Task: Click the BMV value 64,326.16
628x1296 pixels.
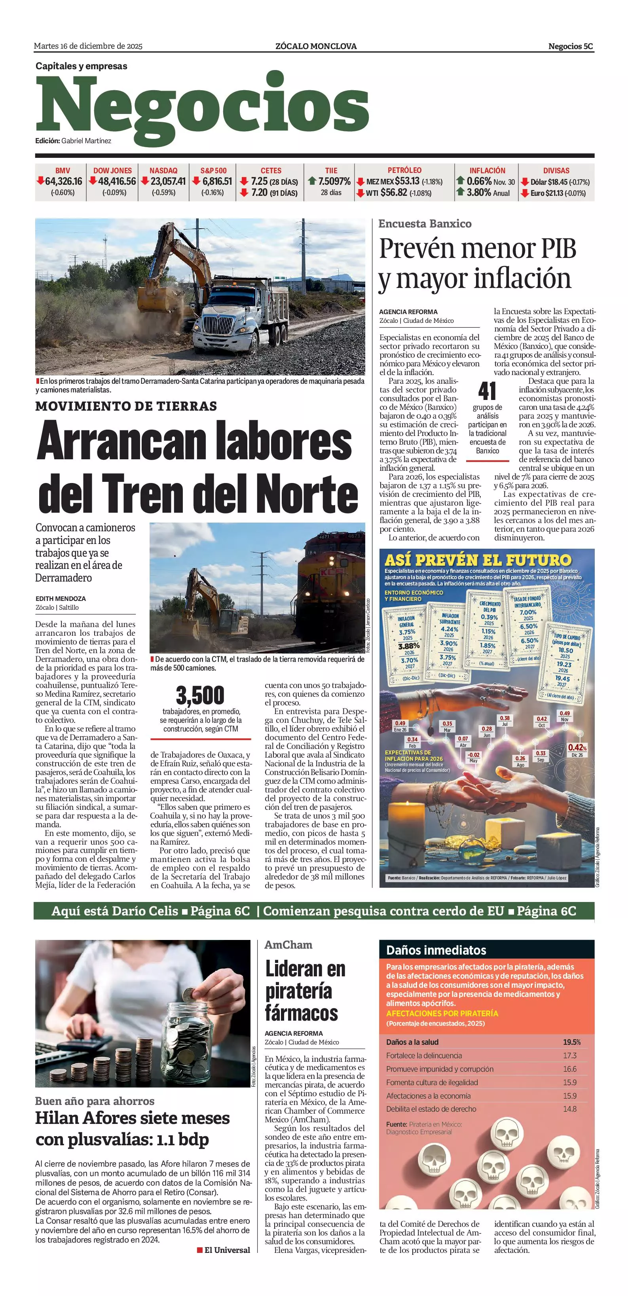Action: coord(63,181)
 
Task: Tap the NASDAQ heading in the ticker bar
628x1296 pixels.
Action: coord(163,171)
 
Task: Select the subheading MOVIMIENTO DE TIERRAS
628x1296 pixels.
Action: coord(126,406)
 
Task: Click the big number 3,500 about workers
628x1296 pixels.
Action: coord(200,695)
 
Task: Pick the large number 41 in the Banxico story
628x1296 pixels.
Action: coord(487,391)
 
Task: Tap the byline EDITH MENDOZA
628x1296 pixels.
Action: coord(61,599)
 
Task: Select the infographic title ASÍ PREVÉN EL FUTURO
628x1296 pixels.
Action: coord(478,560)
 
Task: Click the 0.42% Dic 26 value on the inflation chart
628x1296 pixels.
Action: coord(577,748)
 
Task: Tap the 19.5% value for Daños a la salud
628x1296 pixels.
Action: coord(572,1042)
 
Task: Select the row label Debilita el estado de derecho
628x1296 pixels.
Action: coord(431,1109)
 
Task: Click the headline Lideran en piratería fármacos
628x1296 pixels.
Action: coord(305,991)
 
